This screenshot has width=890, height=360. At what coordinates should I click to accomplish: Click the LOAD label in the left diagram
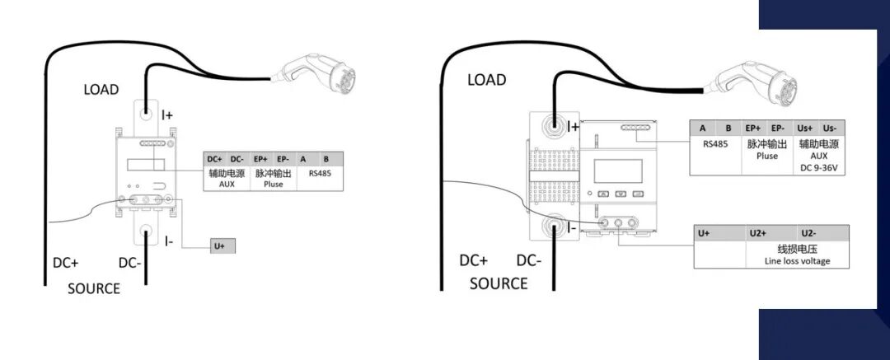coord(101,89)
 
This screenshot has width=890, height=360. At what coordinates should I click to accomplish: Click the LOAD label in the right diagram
coord(486,80)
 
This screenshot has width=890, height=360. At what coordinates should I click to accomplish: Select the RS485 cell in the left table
coord(319,174)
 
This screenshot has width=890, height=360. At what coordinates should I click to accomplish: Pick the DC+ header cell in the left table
coord(214,158)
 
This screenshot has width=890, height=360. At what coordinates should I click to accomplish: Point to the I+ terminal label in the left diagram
coord(166,115)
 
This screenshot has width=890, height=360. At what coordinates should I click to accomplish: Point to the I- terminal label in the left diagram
coord(168,241)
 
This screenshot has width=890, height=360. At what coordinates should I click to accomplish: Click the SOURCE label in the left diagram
coord(93,288)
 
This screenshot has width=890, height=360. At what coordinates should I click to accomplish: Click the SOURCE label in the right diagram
coord(499,283)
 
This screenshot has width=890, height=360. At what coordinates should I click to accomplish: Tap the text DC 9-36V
coord(817,168)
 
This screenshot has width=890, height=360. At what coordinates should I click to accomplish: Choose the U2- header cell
coord(809,234)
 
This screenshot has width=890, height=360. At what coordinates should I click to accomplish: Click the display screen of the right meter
coord(618,169)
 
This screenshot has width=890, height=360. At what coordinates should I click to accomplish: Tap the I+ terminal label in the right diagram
coord(573,127)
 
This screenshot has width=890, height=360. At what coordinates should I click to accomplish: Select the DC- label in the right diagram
coord(528,260)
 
